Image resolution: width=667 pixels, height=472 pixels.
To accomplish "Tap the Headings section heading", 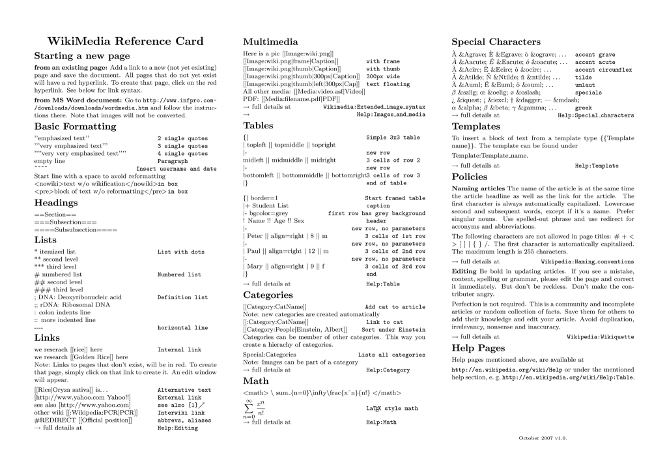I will click(x=56, y=203).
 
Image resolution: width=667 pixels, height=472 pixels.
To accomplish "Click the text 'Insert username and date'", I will click(x=177, y=169).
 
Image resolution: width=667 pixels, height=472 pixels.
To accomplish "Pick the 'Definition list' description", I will click(x=182, y=297).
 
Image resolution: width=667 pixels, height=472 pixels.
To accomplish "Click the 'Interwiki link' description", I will click(x=181, y=413).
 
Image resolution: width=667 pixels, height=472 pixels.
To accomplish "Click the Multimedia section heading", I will click(x=270, y=41).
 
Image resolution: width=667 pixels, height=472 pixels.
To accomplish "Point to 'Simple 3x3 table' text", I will click(x=393, y=138).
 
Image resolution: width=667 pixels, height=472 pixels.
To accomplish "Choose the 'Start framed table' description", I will click(x=395, y=198).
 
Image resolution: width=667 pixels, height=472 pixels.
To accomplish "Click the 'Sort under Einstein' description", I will click(x=393, y=330).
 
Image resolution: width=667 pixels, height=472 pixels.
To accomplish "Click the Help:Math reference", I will click(x=381, y=422).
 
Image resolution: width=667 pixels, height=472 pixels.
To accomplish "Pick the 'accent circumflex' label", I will click(x=603, y=70).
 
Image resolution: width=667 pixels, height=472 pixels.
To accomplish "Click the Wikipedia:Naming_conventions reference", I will click(x=588, y=261).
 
